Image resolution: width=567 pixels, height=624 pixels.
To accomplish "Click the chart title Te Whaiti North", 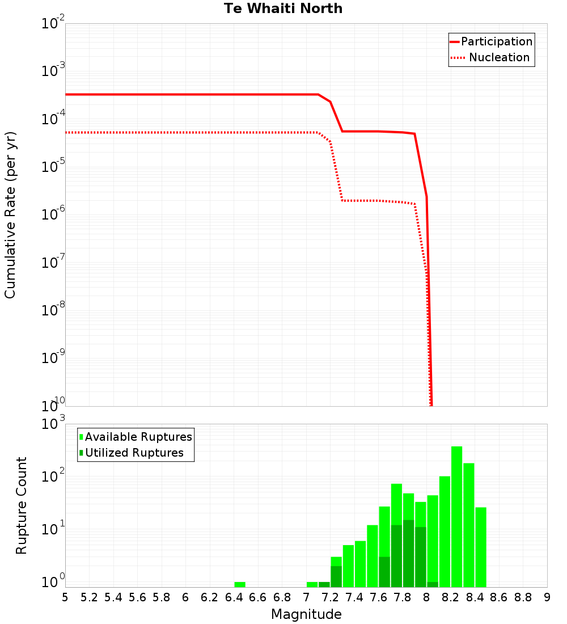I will (x=283, y=9).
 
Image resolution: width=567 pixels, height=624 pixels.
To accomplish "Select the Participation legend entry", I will (x=496, y=42).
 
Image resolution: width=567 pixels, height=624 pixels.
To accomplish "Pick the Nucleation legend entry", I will (x=498, y=58).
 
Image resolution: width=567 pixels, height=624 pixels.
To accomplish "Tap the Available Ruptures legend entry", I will (x=138, y=437).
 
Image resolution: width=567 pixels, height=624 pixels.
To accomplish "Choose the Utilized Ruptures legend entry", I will (x=134, y=453).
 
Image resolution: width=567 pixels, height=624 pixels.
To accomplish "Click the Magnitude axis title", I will (x=306, y=614).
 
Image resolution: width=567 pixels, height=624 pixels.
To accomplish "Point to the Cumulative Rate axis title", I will (x=10, y=214).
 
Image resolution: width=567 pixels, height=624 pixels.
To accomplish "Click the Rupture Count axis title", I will (x=22, y=505).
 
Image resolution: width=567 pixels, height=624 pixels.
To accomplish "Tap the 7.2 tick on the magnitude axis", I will (x=331, y=597).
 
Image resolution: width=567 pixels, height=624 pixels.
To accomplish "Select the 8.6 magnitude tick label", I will (x=499, y=597).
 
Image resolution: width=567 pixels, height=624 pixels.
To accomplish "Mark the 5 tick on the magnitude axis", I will (x=65, y=597).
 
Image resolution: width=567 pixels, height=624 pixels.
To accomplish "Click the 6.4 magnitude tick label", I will (x=234, y=597).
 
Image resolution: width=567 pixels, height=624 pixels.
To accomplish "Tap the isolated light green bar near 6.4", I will (x=240, y=584).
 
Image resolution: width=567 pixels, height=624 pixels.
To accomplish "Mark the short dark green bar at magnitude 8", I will (x=433, y=584).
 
